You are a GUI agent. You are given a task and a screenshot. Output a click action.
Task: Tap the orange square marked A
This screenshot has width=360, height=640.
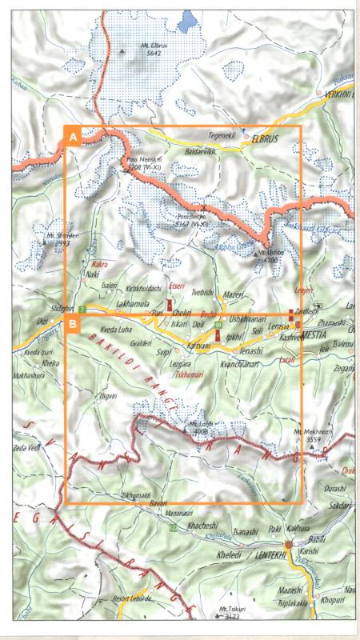click(x=73, y=137)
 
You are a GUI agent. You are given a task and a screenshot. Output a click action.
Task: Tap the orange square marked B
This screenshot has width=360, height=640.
click(x=73, y=324)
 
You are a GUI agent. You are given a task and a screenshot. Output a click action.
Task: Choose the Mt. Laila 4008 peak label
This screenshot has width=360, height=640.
click(x=200, y=427)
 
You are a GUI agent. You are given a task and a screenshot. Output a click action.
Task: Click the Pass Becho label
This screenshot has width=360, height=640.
click(x=193, y=219)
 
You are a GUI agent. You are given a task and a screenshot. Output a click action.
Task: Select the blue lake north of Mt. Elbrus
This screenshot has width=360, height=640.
click(x=190, y=19)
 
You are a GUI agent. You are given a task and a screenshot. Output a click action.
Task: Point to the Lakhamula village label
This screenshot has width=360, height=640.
click(x=134, y=305)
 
